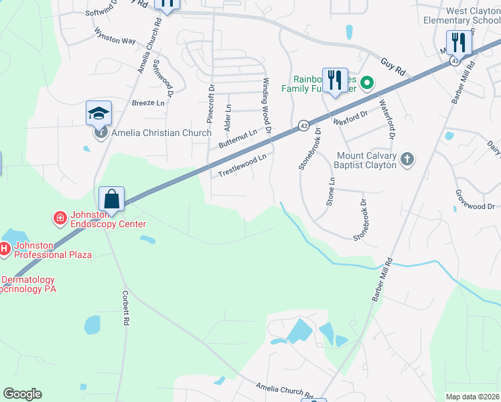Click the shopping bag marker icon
(x=111, y=199)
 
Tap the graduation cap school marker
(x=98, y=113)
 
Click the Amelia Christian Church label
(x=161, y=133)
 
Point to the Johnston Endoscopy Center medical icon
(x=60, y=218)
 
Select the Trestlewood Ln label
(x=242, y=165)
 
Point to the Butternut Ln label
(x=238, y=139)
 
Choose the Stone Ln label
(x=330, y=191)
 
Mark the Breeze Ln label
(x=148, y=103)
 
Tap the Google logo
(x=22, y=394)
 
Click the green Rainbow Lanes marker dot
(x=366, y=84)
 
